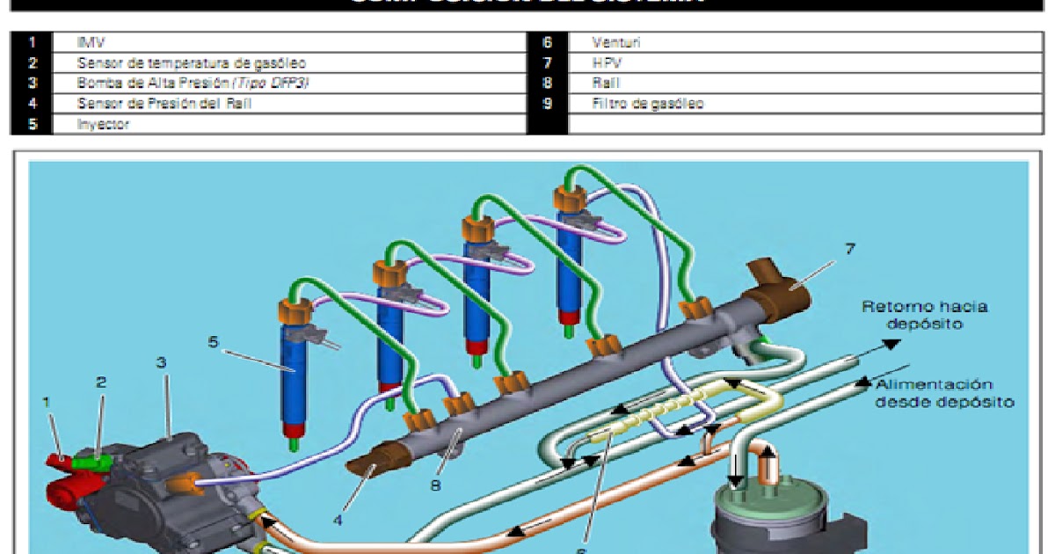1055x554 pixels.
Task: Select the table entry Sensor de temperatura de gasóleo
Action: [x=191, y=63]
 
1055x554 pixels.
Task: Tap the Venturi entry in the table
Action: [x=613, y=42]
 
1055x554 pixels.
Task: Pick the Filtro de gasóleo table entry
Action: [x=647, y=104]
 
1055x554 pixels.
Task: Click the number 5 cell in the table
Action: [x=33, y=124]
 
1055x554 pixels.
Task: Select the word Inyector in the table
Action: [x=103, y=124]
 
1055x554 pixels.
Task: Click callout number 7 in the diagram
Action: [x=849, y=249]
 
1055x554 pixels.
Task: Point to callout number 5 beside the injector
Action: [x=214, y=341]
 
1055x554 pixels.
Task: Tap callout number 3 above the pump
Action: [x=161, y=362]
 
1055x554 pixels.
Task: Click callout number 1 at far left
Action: [x=47, y=402]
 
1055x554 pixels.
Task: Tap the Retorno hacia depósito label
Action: [x=923, y=315]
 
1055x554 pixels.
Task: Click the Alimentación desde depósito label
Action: [x=945, y=393]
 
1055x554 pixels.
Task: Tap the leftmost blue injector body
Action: [x=295, y=378]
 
